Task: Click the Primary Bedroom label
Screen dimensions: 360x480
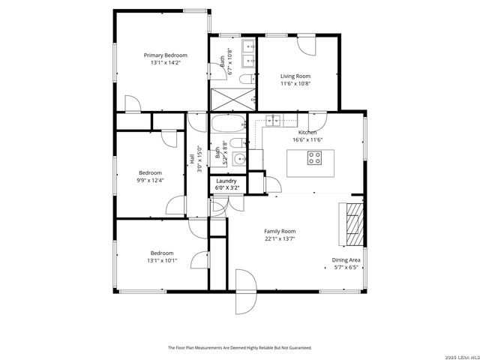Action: [165, 55]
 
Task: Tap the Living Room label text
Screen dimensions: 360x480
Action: [295, 76]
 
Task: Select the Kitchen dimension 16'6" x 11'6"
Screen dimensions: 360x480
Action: [307, 139]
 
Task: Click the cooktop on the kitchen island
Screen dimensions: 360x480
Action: [314, 157]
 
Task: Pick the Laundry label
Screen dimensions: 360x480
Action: [226, 181]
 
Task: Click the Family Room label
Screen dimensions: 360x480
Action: [279, 231]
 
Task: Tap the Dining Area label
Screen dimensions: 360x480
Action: [346, 260]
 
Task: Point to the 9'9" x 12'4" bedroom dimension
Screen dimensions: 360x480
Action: [150, 180]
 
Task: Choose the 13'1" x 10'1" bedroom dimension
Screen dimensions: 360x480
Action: [161, 260]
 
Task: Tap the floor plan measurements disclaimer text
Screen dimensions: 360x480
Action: [239, 347]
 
